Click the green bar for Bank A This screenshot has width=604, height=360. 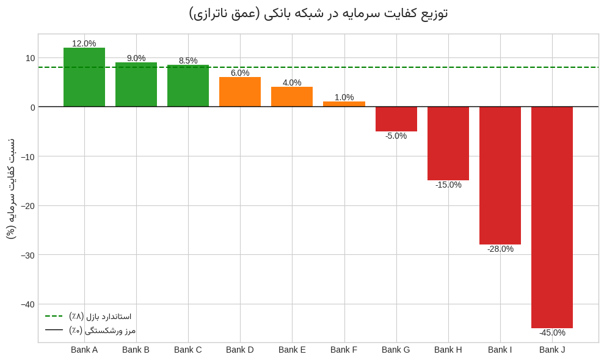pos(84,77)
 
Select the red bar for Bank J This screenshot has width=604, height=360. pos(552,217)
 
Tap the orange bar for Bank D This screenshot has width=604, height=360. pos(240,92)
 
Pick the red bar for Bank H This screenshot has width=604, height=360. pos(448,143)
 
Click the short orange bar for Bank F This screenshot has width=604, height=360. pos(344,104)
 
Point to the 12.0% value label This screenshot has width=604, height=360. pos(84,43)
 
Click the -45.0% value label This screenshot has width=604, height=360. pos(552,332)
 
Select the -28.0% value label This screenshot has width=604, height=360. pos(500,249)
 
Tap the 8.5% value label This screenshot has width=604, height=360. pos(188,61)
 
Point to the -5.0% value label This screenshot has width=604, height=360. pos(396,136)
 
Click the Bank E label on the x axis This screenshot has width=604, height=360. pos(292,350)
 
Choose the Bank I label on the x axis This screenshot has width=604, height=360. pos(500,350)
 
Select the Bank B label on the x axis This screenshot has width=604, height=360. pos(136,350)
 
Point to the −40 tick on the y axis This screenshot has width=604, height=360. pos(27,304)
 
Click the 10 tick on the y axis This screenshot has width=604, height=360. pos(30,58)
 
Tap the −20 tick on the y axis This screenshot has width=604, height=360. pos(27,206)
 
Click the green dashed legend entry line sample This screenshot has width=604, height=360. pos(54,316)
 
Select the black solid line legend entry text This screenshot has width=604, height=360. pos(102,330)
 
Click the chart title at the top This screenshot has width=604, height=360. pos(318,13)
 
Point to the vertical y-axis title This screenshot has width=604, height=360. pos(10,188)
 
